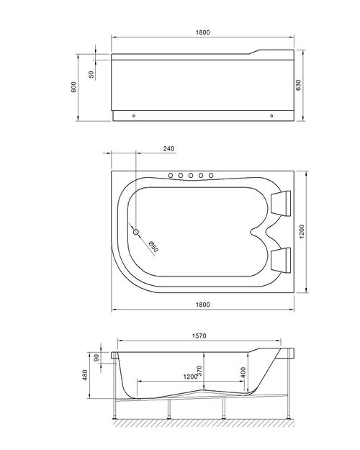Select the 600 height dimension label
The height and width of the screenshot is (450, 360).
point(73,86)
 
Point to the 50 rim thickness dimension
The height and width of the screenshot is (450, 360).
point(91,74)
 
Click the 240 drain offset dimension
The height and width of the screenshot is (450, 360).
point(169,149)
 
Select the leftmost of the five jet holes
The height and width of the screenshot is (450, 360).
point(171,175)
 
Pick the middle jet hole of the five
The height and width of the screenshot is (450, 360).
point(192,175)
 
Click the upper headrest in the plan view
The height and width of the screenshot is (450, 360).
point(280,203)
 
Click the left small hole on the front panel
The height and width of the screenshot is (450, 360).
point(134,115)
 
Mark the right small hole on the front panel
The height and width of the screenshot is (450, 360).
point(271,115)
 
